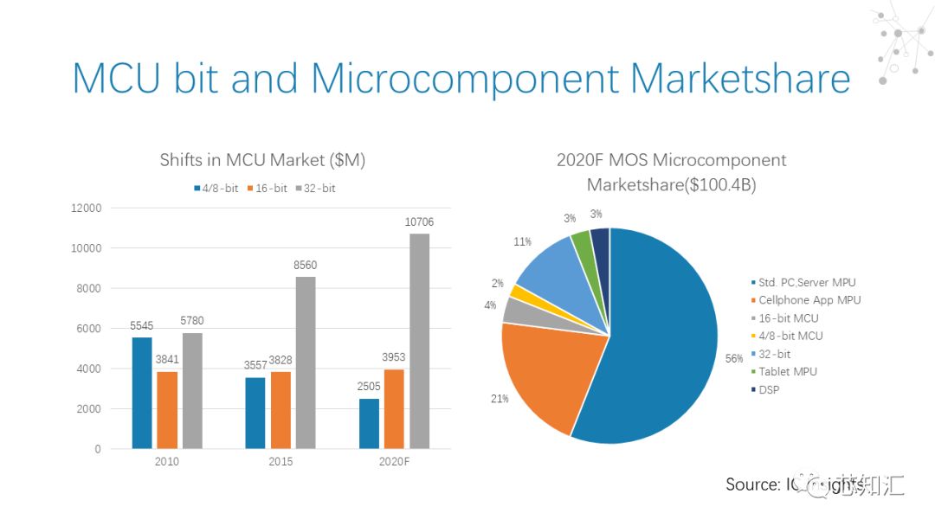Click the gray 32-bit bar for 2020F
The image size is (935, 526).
[x=419, y=341]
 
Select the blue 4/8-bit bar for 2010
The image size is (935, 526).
[x=141, y=393]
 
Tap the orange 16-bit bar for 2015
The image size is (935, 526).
[x=280, y=410]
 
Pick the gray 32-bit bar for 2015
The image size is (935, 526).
[x=306, y=362]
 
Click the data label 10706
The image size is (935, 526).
[x=419, y=222]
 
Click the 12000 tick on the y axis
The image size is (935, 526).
[x=86, y=208]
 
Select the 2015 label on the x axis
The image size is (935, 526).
[x=280, y=462]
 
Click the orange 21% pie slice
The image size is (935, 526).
[x=545, y=372]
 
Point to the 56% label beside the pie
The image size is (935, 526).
[x=734, y=358]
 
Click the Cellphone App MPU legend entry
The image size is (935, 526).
[x=809, y=300]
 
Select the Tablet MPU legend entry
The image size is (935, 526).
[x=787, y=371]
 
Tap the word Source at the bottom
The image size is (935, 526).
[x=750, y=484]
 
